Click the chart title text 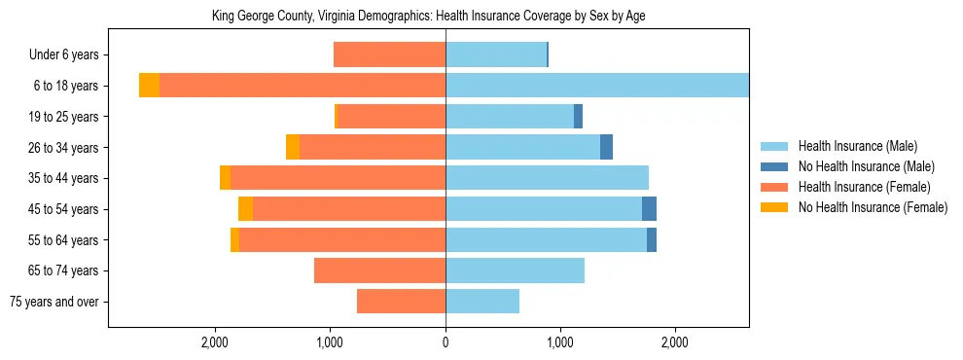[x=428, y=17]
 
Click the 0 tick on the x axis [x=446, y=342]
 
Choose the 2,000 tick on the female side [x=215, y=342]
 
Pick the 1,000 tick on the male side [x=560, y=342]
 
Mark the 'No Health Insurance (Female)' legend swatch [x=774, y=207]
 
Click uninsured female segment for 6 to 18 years [x=149, y=86]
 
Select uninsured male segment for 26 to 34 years [x=606, y=147]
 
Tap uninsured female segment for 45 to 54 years [x=245, y=209]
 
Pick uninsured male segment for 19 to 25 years [x=578, y=117]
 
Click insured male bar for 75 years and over [x=482, y=302]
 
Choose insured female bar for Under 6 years [x=389, y=54]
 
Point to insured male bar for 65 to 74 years [x=515, y=270]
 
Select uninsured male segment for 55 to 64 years [x=652, y=239]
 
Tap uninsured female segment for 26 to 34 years [x=293, y=147]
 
